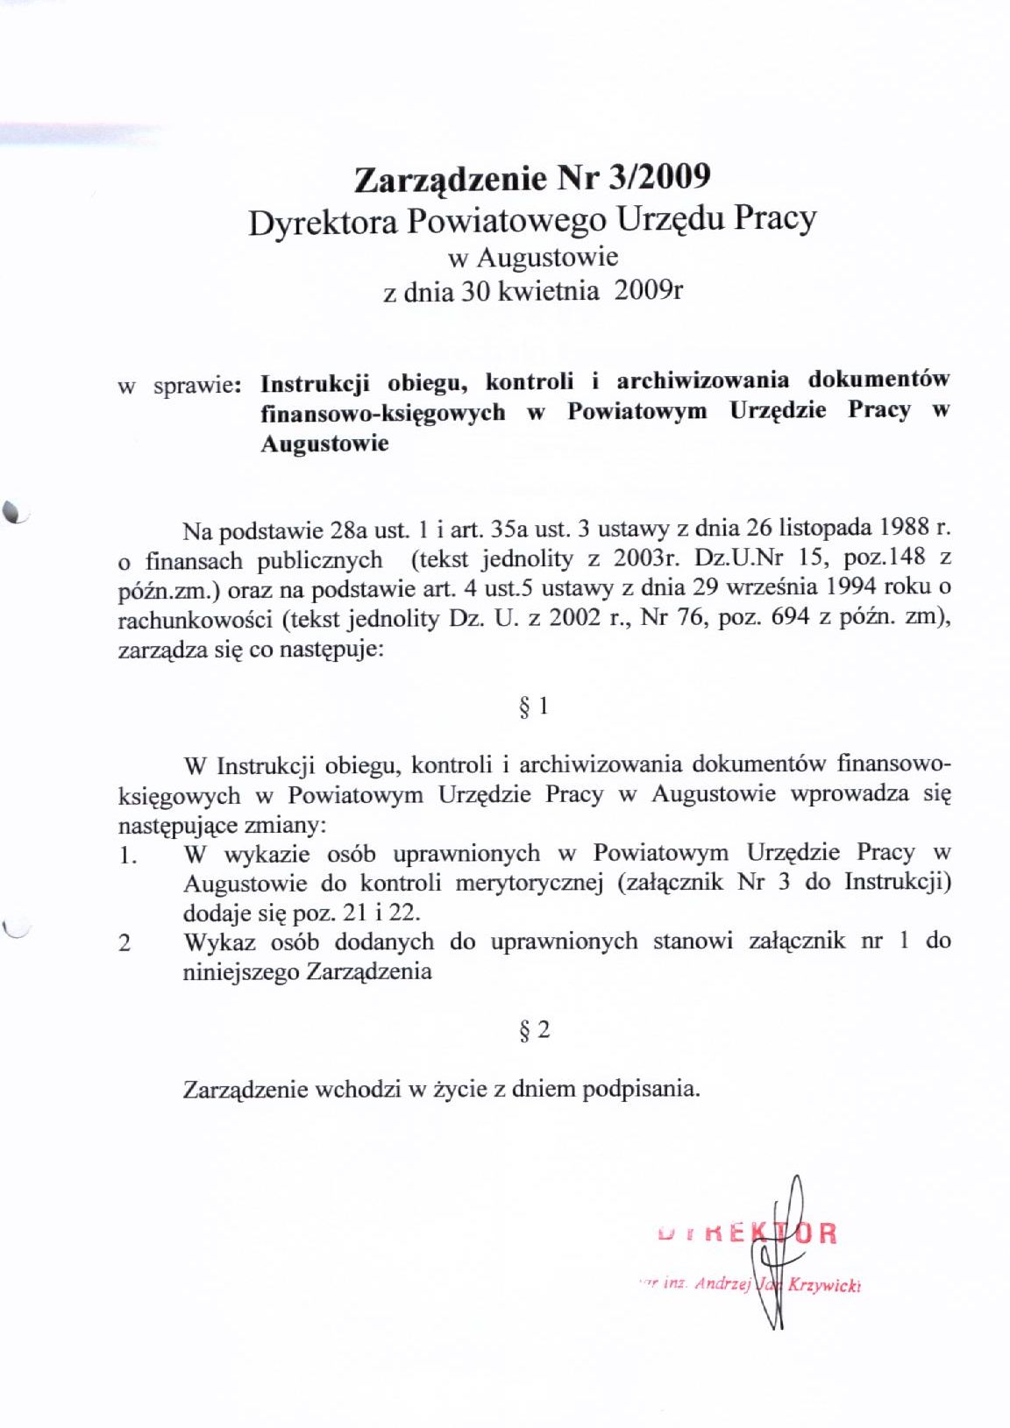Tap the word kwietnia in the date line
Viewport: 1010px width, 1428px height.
point(549,291)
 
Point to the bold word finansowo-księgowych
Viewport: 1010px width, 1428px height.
point(383,412)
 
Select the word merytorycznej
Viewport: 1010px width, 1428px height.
point(530,883)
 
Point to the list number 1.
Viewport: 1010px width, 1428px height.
point(128,855)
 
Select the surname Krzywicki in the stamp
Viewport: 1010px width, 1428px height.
point(824,1286)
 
